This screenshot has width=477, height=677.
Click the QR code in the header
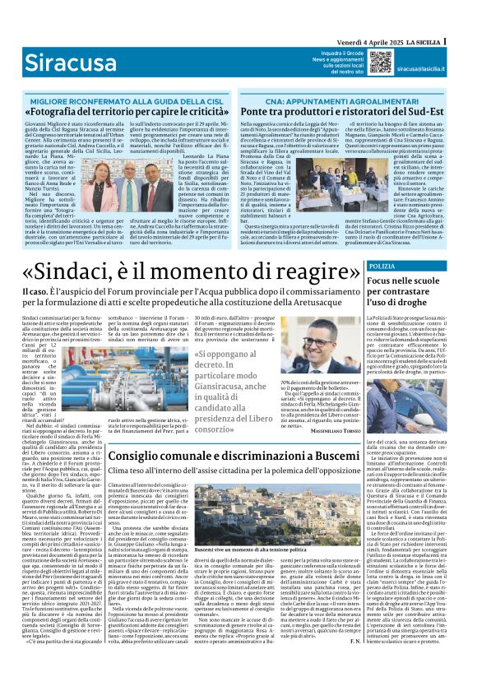pos(381,60)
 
